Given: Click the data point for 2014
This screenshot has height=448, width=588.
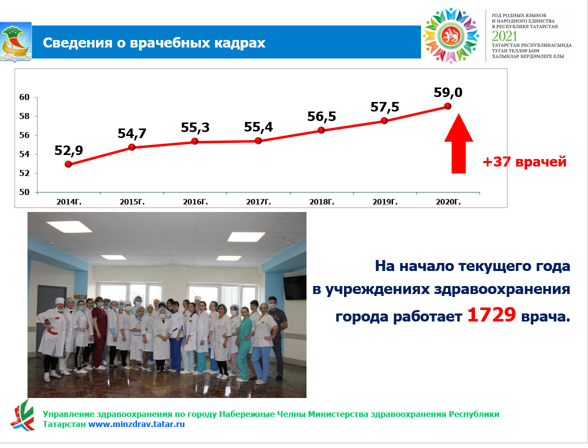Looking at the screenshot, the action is pyautogui.click(x=68, y=164).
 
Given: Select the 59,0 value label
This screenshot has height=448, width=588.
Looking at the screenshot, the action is pyautogui.click(x=448, y=92).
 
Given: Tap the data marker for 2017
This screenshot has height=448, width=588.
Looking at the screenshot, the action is pyautogui.click(x=258, y=141).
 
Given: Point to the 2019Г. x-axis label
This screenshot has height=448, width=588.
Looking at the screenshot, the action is pyautogui.click(x=385, y=201).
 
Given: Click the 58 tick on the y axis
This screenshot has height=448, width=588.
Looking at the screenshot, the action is pyautogui.click(x=24, y=116).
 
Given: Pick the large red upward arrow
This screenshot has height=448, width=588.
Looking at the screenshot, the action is pyautogui.click(x=458, y=143).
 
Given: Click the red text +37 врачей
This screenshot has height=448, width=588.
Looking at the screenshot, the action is pyautogui.click(x=524, y=162).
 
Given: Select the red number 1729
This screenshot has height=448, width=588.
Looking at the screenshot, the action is pyautogui.click(x=491, y=314).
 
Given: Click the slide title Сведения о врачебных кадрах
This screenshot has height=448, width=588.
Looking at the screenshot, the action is pyautogui.click(x=154, y=42).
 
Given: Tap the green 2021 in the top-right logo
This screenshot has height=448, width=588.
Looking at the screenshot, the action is pyautogui.click(x=504, y=36).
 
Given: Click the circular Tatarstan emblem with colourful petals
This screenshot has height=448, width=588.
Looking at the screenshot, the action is pyautogui.click(x=451, y=35).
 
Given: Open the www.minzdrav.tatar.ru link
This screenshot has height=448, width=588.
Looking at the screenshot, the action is pyautogui.click(x=136, y=424).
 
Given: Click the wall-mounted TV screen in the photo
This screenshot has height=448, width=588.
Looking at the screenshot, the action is pyautogui.click(x=295, y=287).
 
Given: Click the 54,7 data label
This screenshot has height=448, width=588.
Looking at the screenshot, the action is pyautogui.click(x=132, y=133).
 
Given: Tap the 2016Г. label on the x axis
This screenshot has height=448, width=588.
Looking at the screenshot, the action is pyautogui.click(x=195, y=201).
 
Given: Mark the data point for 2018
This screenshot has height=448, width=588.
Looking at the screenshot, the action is pyautogui.click(x=321, y=130).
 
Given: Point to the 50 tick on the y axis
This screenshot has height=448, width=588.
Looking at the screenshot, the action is pyautogui.click(x=24, y=192).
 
